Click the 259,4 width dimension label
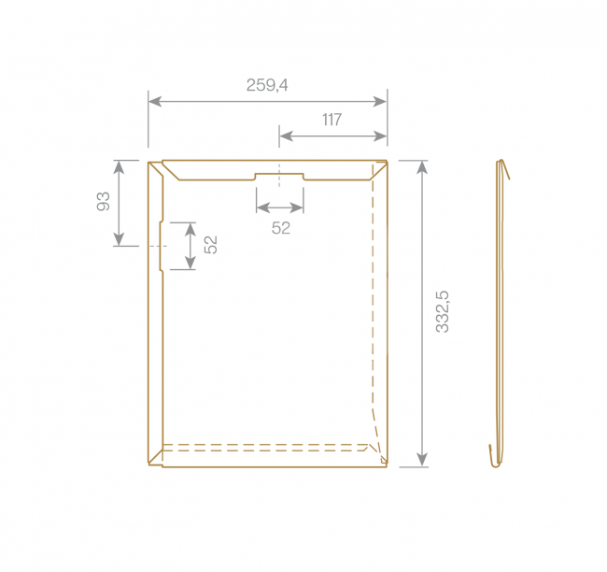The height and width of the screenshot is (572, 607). (267, 85)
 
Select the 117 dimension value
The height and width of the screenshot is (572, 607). (332, 120)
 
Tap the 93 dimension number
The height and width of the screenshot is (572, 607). (104, 201)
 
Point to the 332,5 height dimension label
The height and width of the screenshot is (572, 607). (442, 311)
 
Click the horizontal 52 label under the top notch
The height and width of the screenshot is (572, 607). (281, 228)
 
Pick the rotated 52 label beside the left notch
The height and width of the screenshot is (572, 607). (211, 245)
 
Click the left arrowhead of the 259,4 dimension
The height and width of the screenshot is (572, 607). (155, 102)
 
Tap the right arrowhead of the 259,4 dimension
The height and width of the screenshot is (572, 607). (380, 102)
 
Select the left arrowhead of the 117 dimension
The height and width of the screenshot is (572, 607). (286, 136)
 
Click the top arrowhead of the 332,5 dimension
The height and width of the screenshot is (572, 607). (422, 167)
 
